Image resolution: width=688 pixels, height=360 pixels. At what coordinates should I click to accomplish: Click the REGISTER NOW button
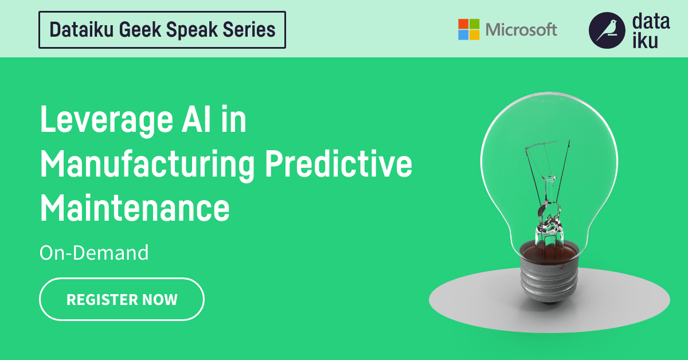click(x=122, y=299)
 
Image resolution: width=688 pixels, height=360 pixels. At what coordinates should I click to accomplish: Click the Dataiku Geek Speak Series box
click(x=162, y=29)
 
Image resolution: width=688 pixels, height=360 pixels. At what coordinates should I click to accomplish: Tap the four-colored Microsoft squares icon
click(x=468, y=29)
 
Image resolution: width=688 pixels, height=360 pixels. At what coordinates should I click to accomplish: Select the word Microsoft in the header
click(x=521, y=29)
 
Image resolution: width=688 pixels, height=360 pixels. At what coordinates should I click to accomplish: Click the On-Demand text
click(x=94, y=253)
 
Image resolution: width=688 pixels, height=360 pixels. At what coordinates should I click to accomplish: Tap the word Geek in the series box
click(x=134, y=29)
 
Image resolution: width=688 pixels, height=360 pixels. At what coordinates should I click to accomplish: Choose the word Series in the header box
click(x=249, y=29)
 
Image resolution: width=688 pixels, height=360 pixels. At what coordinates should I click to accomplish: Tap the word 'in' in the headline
click(x=234, y=122)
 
